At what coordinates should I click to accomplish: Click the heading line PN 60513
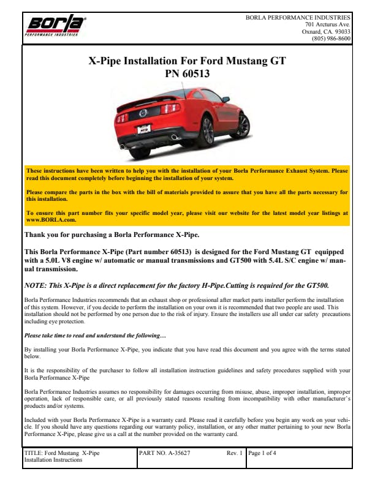(187, 74)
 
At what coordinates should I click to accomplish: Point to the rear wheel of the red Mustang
(205, 130)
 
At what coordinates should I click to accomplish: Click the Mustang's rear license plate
(145, 130)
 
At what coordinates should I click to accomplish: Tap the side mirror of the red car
(226, 99)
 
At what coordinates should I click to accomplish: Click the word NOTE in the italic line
(36, 284)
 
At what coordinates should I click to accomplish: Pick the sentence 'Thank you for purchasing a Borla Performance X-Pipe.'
(111, 235)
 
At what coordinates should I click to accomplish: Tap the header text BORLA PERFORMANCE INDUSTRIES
(298, 18)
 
